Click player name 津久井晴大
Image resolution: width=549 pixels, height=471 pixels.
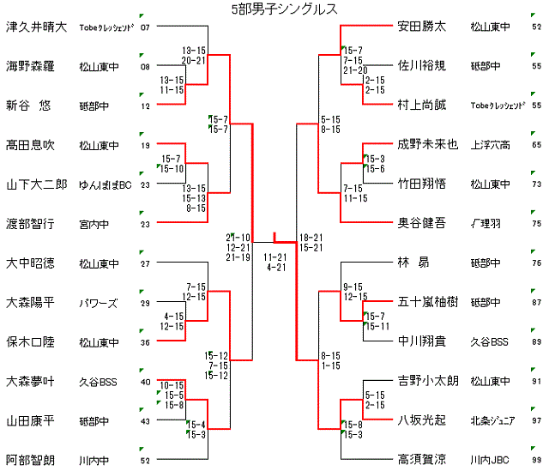(36, 26)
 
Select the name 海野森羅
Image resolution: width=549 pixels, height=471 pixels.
(30, 66)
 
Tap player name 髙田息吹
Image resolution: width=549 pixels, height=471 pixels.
(30, 145)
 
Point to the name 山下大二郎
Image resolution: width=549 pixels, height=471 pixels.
(36, 184)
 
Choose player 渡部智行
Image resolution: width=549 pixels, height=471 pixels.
(30, 224)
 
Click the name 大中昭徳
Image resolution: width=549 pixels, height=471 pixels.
(30, 263)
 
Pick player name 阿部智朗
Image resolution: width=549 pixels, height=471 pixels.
(30, 460)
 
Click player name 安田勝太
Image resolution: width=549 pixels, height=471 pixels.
(421, 26)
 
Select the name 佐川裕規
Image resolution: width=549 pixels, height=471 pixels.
(421, 65)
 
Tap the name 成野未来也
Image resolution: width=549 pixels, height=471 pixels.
(427, 144)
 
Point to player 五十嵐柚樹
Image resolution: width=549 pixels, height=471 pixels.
(427, 302)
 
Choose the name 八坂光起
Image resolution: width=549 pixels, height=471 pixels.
(421, 420)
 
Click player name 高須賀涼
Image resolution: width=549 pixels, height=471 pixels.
(421, 460)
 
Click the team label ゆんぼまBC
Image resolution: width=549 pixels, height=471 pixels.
(105, 184)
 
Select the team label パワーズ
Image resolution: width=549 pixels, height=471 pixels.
(98, 303)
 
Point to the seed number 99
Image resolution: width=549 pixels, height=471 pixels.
(536, 462)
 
